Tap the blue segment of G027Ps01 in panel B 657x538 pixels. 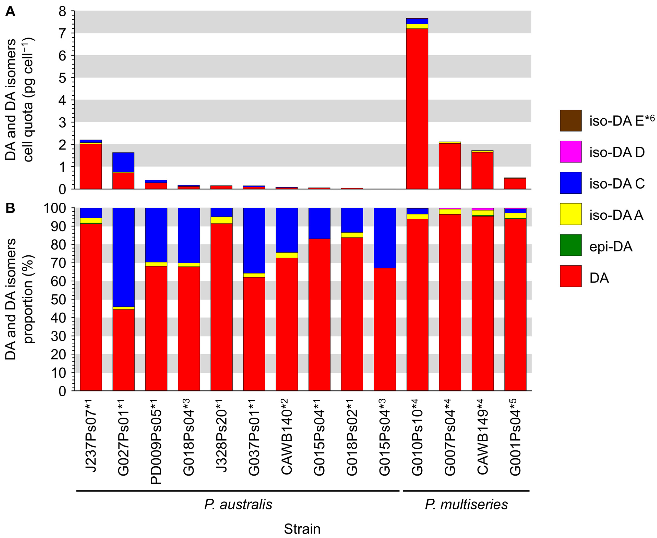123,257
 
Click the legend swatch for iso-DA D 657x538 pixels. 570,151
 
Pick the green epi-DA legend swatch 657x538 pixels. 570,245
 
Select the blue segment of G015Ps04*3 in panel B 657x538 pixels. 384,238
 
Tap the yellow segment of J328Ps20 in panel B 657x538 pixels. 221,220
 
